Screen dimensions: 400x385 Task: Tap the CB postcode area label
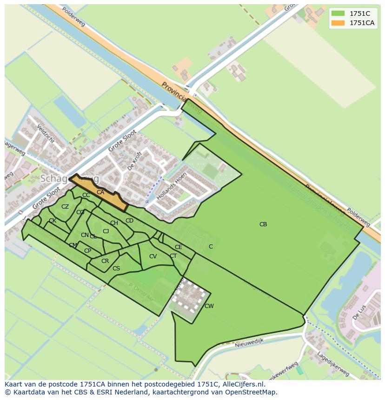(x=263, y=224)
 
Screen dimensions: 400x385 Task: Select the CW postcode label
(x=209, y=306)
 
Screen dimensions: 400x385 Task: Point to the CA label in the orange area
(x=100, y=192)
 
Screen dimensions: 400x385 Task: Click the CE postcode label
(x=179, y=247)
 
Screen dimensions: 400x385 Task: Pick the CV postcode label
(x=153, y=256)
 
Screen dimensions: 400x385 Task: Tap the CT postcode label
(x=173, y=256)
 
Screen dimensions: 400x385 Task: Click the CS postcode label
(x=116, y=269)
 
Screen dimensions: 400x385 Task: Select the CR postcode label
(x=105, y=261)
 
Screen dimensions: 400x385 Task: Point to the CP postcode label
(x=87, y=251)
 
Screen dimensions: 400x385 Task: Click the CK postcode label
(x=53, y=221)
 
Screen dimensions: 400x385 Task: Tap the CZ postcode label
(x=65, y=207)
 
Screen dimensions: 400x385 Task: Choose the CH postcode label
(x=114, y=223)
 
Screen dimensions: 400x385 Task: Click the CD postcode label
(x=129, y=221)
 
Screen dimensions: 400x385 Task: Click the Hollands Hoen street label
(x=172, y=186)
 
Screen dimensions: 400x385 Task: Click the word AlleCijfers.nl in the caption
(x=242, y=384)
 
